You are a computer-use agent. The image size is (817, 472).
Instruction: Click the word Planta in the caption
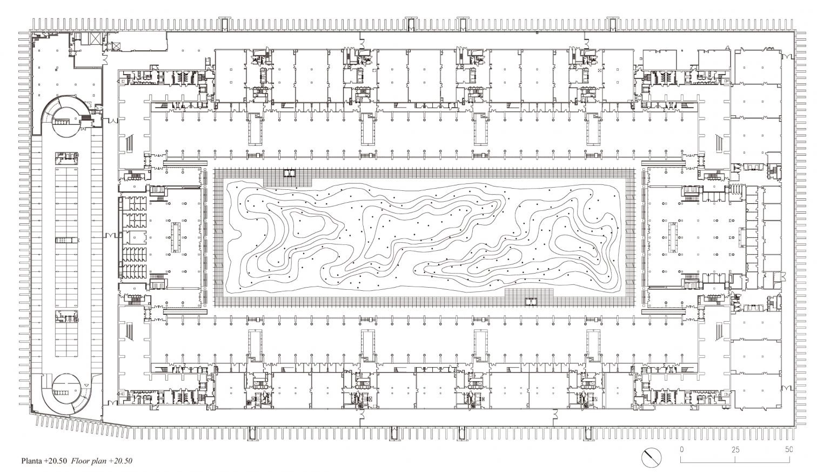[x=31, y=461]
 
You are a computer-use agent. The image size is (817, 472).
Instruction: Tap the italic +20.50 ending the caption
[x=120, y=461]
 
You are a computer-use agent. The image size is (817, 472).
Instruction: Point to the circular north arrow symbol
[x=652, y=457]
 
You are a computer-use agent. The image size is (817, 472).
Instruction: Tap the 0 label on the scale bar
[x=682, y=449]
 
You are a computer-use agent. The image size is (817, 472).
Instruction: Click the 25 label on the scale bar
[x=735, y=449]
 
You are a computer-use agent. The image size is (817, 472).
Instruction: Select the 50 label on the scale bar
[x=789, y=449]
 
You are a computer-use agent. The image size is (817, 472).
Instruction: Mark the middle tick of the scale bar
[x=735, y=461]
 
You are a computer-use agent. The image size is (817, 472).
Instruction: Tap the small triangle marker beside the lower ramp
[x=86, y=385]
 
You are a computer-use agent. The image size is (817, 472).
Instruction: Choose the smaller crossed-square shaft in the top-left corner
[x=116, y=45]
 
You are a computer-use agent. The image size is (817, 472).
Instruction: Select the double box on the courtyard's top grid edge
[x=290, y=172]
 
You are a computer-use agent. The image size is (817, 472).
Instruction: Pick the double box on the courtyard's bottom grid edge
[x=531, y=302]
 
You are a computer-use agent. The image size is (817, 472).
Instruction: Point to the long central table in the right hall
[x=673, y=237]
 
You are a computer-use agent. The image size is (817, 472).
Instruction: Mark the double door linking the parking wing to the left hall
[x=110, y=235]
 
